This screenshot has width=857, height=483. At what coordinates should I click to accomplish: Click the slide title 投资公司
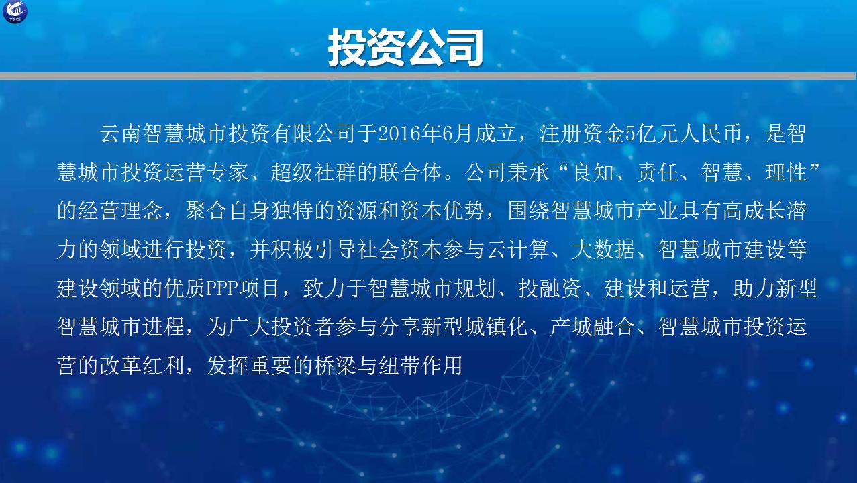pos(405,48)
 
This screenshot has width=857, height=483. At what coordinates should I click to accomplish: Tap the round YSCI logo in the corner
pos(15,11)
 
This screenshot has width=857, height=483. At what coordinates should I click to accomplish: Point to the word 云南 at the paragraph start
pos(121,134)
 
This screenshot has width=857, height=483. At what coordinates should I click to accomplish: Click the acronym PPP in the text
pos(222,288)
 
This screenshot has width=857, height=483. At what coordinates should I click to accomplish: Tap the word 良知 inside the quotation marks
pos(594,172)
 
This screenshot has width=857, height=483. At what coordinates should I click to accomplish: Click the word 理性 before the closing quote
pos(787,172)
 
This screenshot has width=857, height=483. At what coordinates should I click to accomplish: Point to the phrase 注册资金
pos(582,134)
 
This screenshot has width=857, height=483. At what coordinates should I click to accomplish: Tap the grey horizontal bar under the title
pos(427,76)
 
